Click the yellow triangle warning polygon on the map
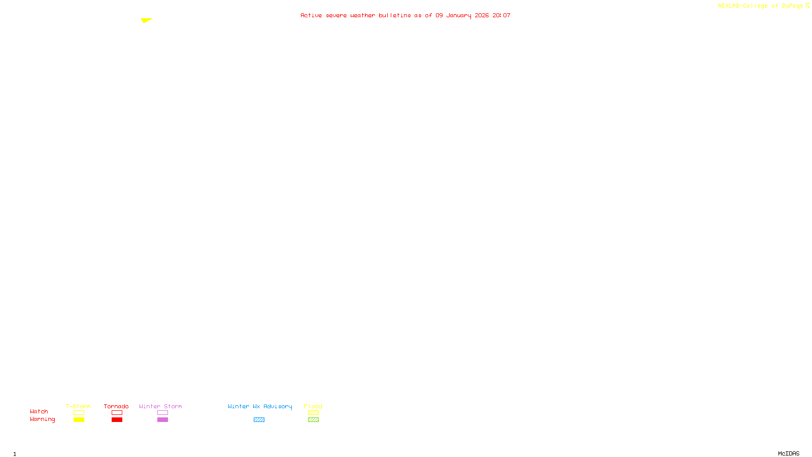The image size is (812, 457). click(x=146, y=20)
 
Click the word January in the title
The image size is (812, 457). click(x=458, y=15)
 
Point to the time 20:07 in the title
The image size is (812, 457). click(x=501, y=15)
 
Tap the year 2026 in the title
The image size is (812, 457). click(x=482, y=15)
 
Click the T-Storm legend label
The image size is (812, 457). click(x=78, y=406)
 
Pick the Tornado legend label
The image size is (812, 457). click(x=116, y=406)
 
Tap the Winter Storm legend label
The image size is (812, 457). click(x=160, y=406)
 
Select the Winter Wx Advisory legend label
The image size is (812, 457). click(x=260, y=406)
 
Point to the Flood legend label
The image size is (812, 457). click(x=313, y=406)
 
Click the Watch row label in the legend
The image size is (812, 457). click(x=39, y=411)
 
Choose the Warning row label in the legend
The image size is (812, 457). click(x=42, y=419)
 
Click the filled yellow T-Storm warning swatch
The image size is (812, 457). click(x=79, y=420)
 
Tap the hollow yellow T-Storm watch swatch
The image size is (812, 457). click(x=79, y=413)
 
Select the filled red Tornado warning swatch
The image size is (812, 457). click(x=117, y=420)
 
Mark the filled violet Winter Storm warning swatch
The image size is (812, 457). click(x=162, y=420)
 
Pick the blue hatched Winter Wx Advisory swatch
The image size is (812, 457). click(x=259, y=420)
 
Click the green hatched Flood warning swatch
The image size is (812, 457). click(x=313, y=420)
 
